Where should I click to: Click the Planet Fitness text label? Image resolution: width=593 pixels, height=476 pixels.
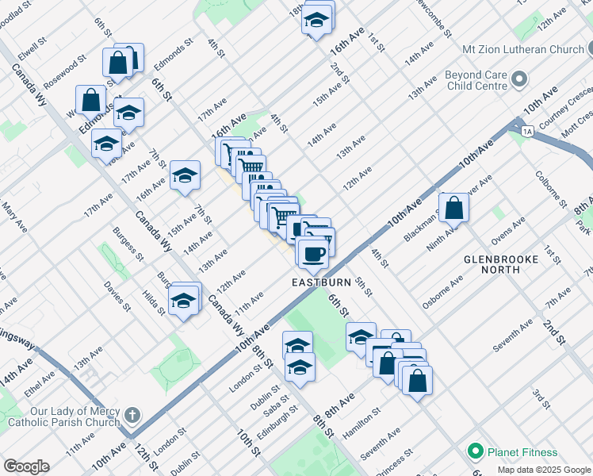(522, 452)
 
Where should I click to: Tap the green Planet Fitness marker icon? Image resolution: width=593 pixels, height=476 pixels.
(476, 452)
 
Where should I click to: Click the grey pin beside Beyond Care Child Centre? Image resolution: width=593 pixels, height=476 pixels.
(520, 79)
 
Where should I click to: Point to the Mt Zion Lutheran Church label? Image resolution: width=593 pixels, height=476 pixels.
(524, 49)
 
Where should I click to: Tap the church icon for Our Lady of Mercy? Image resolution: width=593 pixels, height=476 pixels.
(132, 415)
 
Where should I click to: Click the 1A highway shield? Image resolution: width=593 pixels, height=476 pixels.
(526, 131)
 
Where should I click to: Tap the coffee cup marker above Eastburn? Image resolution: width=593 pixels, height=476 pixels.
(312, 253)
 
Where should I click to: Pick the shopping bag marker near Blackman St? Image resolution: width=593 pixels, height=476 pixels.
(454, 208)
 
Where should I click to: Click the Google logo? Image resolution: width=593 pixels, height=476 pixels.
(26, 466)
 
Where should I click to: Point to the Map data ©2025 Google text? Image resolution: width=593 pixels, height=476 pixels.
(543, 470)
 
